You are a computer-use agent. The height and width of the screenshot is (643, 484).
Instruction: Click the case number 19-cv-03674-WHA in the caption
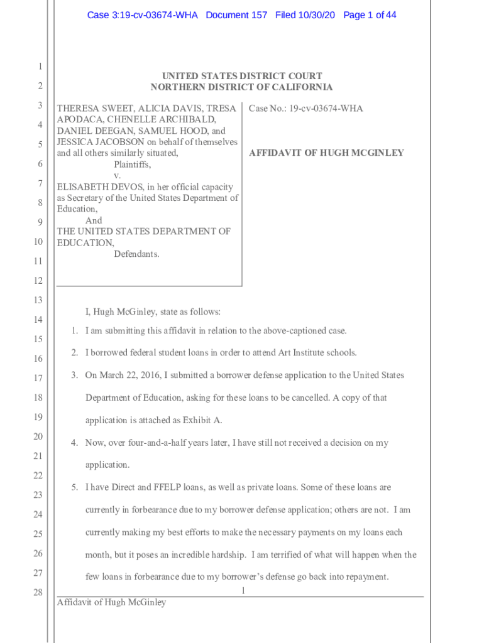point(325,109)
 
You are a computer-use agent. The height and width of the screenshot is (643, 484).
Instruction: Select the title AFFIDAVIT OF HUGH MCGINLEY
point(326,153)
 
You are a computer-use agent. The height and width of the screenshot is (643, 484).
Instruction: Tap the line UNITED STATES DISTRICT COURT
point(241,77)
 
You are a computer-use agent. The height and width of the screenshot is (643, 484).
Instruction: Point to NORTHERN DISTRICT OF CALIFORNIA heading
point(241,87)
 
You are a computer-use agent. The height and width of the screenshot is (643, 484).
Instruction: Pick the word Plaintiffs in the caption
point(132,165)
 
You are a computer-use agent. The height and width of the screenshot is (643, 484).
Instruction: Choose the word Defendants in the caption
point(136,254)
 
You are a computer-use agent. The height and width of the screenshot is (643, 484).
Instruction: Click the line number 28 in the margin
point(39,592)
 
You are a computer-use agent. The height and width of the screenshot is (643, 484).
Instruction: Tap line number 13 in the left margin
point(39,300)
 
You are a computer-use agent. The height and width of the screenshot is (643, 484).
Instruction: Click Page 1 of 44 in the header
point(370,15)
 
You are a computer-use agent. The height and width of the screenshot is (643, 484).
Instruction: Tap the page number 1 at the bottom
point(242,590)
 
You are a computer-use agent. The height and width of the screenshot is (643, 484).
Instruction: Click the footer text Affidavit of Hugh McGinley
point(111,603)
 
